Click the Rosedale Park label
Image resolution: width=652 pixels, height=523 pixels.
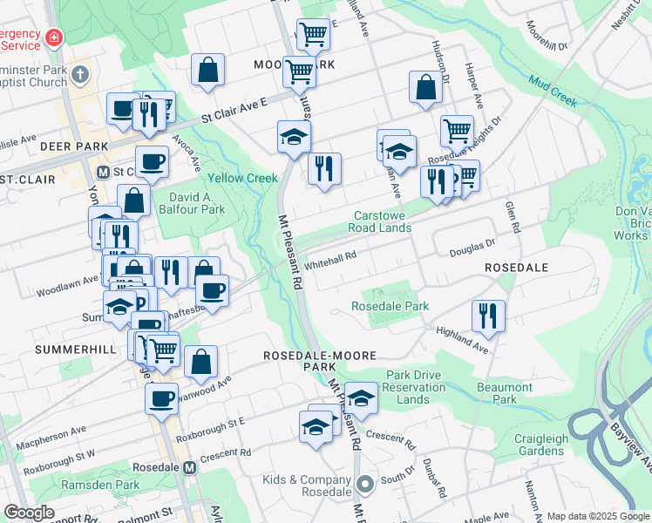[x=391, y=307]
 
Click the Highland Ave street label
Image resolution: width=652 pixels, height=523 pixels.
[x=462, y=339]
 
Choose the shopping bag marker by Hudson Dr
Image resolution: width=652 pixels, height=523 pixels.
[x=425, y=87]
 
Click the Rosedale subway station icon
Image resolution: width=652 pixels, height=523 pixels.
[x=189, y=466]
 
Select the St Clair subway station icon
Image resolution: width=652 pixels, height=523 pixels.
[x=103, y=172]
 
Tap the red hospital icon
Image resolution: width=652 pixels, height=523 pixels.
[x=54, y=37]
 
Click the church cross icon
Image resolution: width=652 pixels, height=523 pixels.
[x=81, y=74]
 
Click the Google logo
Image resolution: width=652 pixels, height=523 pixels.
[x=29, y=513]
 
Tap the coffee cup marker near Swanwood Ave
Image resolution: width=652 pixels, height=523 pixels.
[x=161, y=398]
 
